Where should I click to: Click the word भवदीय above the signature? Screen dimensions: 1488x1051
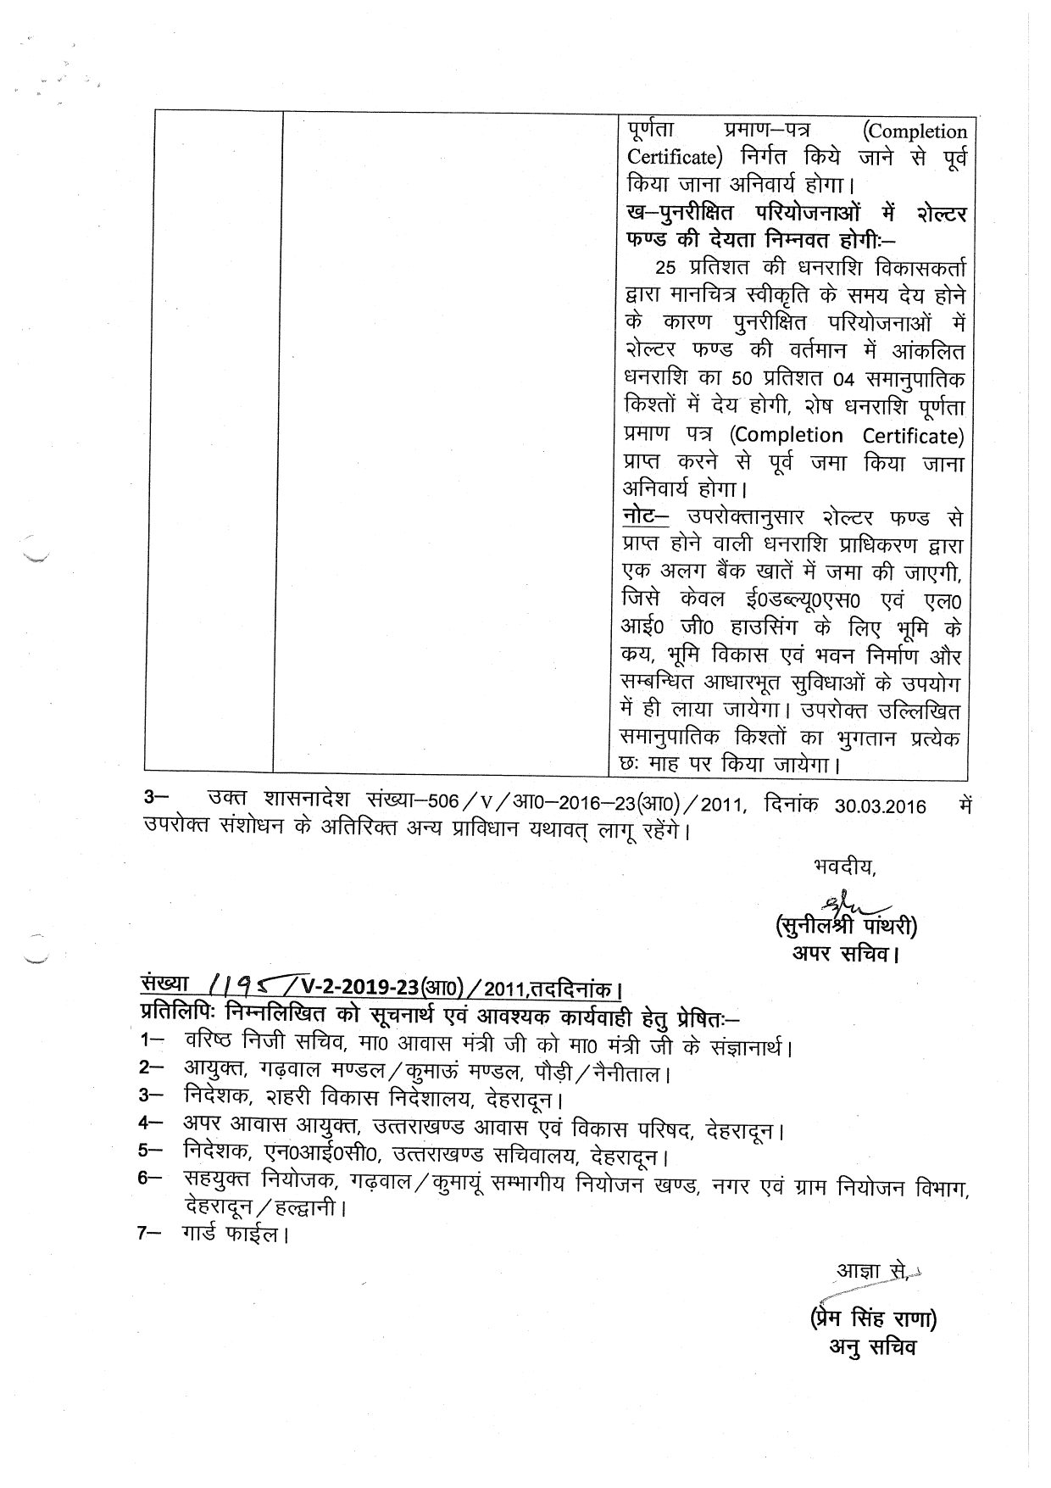[842, 867]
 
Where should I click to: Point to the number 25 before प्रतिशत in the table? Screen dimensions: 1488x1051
[667, 269]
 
